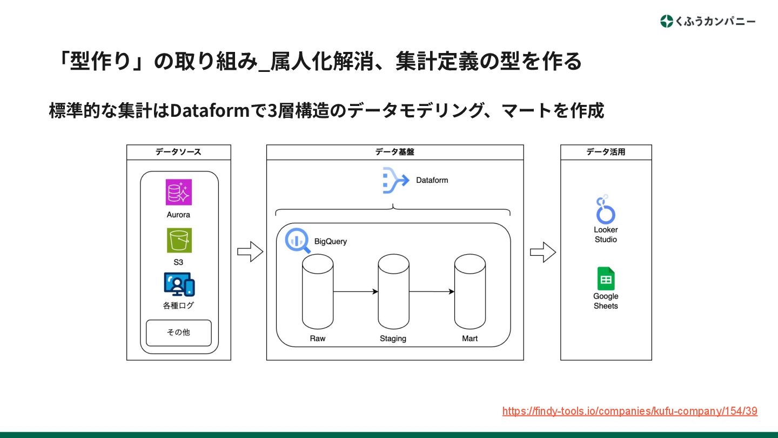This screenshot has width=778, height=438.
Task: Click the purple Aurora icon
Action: [179, 193]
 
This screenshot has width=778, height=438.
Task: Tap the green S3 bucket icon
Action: [179, 241]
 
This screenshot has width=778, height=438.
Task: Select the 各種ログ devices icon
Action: [179, 284]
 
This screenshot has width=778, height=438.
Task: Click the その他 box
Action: [179, 333]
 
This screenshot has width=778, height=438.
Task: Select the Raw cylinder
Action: [318, 292]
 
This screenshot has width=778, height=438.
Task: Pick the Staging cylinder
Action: [393, 292]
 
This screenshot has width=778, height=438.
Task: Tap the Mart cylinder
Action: [470, 292]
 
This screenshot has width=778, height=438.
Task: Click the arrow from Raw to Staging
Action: [356, 292]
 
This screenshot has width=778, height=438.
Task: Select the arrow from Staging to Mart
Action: [432, 292]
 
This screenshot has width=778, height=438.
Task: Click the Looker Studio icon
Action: [606, 210]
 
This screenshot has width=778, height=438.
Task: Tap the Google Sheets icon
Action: [606, 279]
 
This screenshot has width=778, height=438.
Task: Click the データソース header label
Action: [178, 152]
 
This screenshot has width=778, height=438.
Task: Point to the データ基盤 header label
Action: [395, 152]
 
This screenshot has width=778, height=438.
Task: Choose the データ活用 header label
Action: [606, 152]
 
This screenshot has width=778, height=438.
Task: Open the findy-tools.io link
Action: [629, 411]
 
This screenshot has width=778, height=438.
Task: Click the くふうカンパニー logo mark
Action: [667, 22]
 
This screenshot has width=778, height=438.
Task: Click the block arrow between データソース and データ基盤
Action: [250, 251]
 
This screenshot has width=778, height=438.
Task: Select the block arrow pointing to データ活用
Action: [542, 251]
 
